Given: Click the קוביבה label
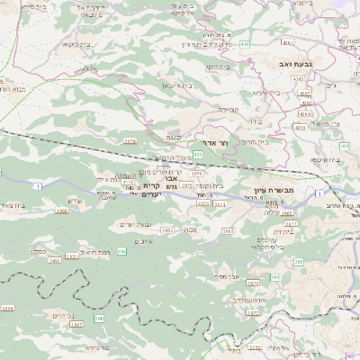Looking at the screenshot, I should (x=228, y=109).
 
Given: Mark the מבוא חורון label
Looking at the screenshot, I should (x=18, y=90).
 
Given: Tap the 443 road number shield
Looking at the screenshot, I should (x=246, y=42).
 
